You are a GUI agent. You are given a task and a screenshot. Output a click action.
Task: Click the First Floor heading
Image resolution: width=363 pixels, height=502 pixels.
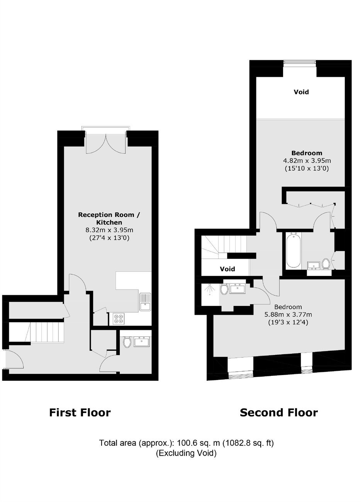tap(80, 412)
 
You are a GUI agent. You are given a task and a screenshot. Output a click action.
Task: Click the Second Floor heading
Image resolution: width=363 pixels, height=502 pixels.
tap(279, 412)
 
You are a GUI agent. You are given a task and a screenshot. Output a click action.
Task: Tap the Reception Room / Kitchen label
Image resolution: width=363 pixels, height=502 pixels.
tap(109, 218)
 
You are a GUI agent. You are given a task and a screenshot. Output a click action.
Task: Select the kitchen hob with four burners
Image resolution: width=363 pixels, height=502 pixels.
tap(119, 319)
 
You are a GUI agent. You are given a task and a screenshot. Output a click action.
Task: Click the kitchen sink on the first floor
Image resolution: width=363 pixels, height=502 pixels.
tap(145, 302)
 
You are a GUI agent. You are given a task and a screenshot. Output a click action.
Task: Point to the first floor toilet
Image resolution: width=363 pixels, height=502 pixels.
tap(127, 342)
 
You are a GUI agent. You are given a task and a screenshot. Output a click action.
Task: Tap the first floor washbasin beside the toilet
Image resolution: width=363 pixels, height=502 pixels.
tap(142, 342)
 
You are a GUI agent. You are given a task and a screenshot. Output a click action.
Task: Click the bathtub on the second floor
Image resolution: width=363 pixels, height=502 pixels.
tap(293, 250)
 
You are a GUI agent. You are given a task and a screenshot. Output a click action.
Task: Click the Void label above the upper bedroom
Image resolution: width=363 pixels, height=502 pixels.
tap(301, 92)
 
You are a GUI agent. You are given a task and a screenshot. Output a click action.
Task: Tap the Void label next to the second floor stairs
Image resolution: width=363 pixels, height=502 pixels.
tap(227, 269)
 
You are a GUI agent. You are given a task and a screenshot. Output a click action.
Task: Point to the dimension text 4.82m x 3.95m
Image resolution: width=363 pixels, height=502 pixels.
tap(307, 161)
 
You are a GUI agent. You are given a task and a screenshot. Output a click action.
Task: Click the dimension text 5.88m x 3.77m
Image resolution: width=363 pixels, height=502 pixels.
tap(288, 314)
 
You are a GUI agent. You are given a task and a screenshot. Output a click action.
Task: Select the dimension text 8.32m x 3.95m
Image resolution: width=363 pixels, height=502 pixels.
tap(109, 230)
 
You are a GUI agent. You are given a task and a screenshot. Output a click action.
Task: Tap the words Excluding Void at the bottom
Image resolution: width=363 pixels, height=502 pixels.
tap(187, 453)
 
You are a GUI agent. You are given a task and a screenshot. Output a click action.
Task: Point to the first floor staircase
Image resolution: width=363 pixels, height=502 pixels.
tap(36, 332)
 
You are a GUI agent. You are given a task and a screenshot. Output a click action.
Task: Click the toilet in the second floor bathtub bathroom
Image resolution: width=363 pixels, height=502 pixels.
tap(326, 263)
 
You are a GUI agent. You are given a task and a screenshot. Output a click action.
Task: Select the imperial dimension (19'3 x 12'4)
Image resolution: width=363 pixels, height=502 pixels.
tap(288, 323)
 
